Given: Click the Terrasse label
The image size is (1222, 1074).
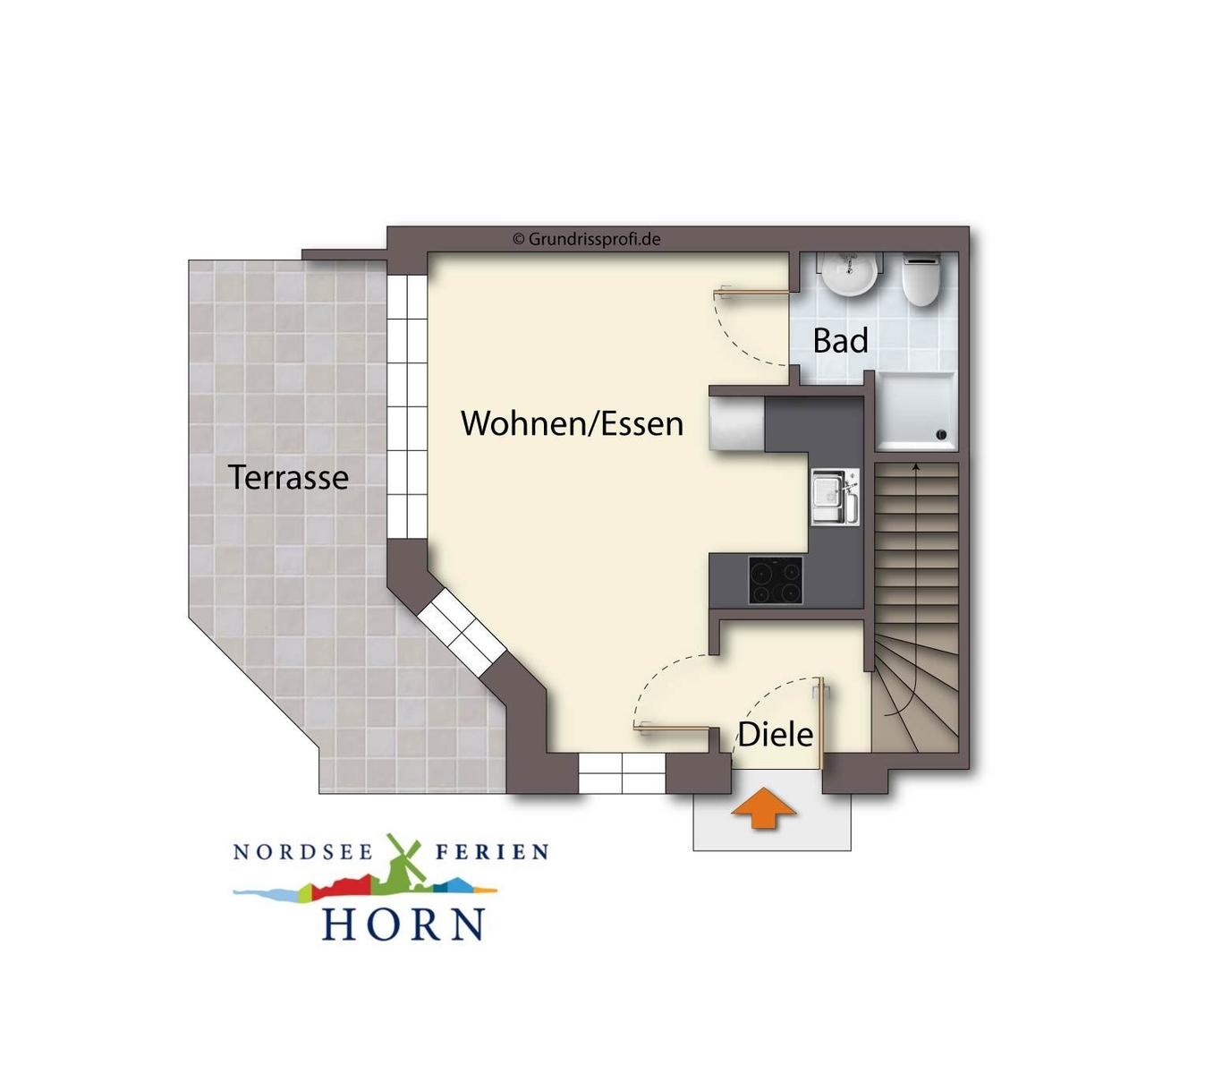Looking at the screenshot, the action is pyautogui.click(x=288, y=477).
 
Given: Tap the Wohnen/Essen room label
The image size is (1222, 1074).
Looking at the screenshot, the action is pyautogui.click(x=572, y=423).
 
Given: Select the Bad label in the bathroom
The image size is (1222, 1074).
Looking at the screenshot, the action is pyautogui.click(x=840, y=340).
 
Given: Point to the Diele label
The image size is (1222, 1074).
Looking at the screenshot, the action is pyautogui.click(x=775, y=734).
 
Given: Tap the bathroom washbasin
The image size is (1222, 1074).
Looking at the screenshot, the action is pyautogui.click(x=849, y=275).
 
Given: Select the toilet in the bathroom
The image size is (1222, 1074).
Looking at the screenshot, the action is pyautogui.click(x=921, y=279).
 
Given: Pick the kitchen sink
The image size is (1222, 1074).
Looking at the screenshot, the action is pyautogui.click(x=835, y=496).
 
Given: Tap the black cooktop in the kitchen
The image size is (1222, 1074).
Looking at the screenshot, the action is pyautogui.click(x=775, y=580).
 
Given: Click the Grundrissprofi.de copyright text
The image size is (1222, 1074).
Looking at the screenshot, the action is pyautogui.click(x=586, y=239).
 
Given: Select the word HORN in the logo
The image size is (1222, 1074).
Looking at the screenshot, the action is pyautogui.click(x=403, y=923).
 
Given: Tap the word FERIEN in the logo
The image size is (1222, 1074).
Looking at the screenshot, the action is pyautogui.click(x=492, y=852).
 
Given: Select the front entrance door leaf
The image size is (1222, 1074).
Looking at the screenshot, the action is pyautogui.click(x=819, y=723).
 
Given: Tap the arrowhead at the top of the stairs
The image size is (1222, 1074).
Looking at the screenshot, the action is pyautogui.click(x=916, y=465).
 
